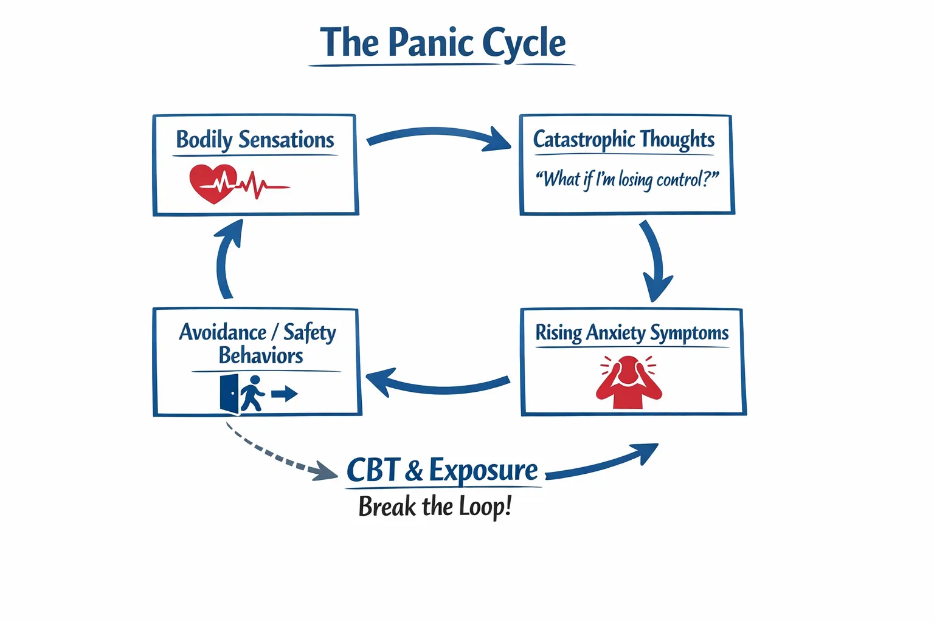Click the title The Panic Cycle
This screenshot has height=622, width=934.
tap(443, 43)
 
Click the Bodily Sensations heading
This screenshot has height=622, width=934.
tap(255, 140)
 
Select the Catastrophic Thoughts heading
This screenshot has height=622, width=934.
tap(623, 139)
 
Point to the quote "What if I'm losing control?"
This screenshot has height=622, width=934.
tap(626, 180)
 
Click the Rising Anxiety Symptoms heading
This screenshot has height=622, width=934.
tap(632, 333)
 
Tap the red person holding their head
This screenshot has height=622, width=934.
tap(629, 383)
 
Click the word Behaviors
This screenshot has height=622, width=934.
tap(261, 355)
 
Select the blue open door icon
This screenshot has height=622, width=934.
tap(229, 394)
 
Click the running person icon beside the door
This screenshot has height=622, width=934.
tap(252, 394)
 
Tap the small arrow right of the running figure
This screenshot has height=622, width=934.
tap(284, 394)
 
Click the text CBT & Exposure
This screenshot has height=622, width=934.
tap(442, 471)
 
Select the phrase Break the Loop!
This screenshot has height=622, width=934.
tap(435, 507)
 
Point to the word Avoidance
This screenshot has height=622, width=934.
tap(223, 332)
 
